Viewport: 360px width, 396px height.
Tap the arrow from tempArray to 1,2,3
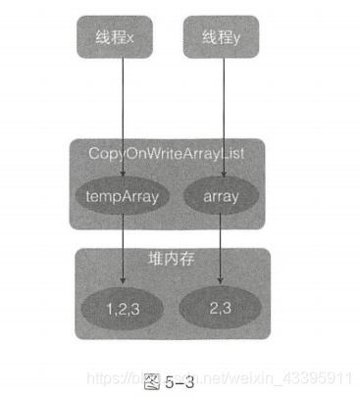point(122,245)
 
